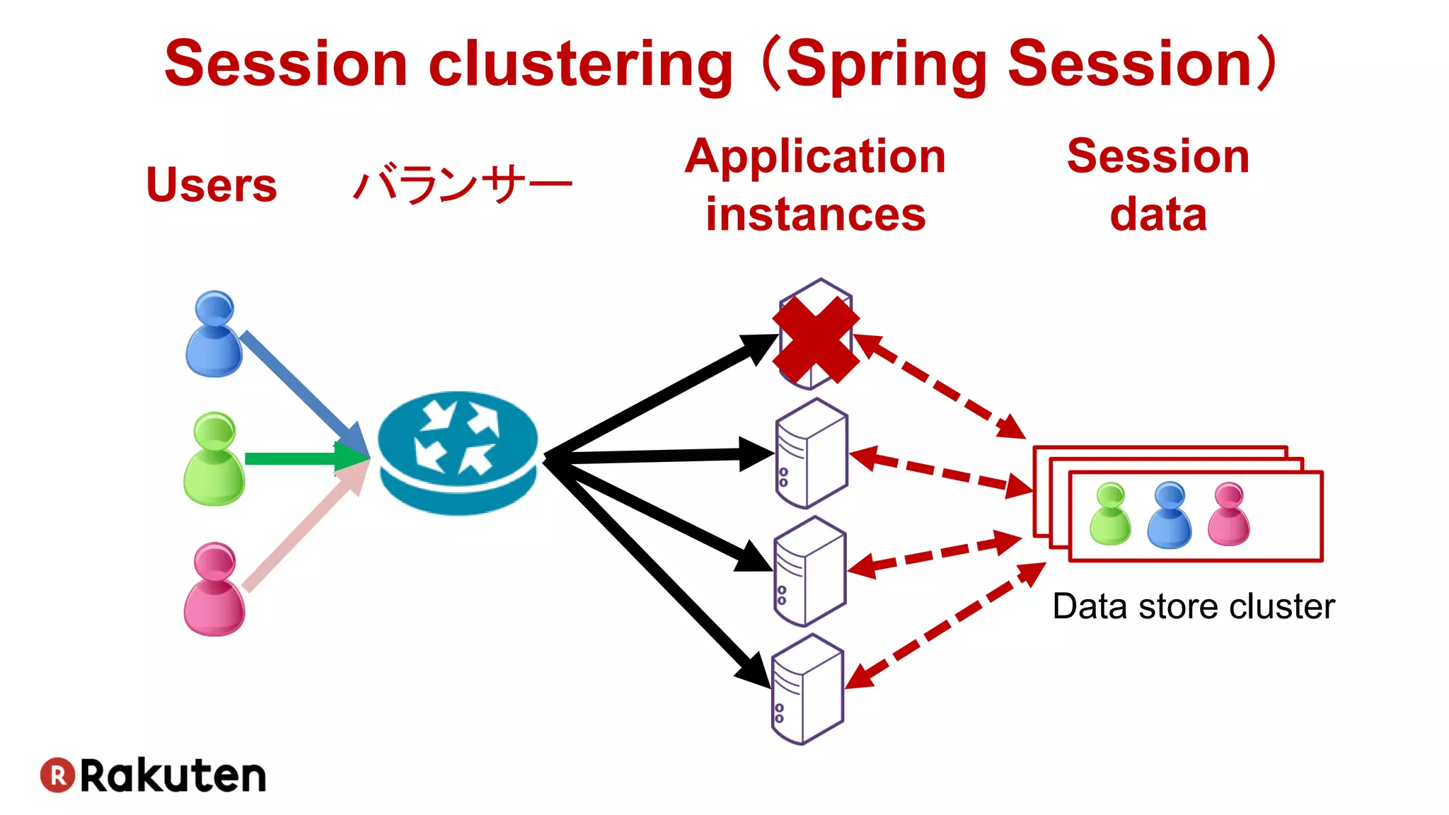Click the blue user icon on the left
(214, 335)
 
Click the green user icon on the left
(214, 460)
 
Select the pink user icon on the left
(214, 590)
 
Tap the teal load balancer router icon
(458, 453)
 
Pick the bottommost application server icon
(807, 690)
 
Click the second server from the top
(812, 453)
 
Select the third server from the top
(809, 572)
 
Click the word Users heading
(211, 185)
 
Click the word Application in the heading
(815, 157)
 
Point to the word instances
(815, 215)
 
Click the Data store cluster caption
(1193, 607)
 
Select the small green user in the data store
(1110, 514)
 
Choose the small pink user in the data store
(1228, 514)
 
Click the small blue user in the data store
(1169, 515)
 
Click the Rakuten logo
(153, 775)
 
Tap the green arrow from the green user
(297, 458)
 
